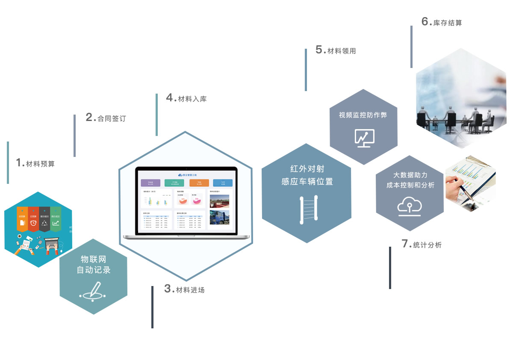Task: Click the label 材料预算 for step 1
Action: pyautogui.click(x=40, y=164)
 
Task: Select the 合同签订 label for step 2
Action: pyautogui.click(x=112, y=118)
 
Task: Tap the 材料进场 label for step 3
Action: pyautogui.click(x=190, y=290)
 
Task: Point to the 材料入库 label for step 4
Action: pyautogui.click(x=192, y=99)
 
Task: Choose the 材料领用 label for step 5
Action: pyautogui.click(x=342, y=51)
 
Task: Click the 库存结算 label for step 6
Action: pyautogui.click(x=448, y=23)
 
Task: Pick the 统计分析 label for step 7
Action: pyautogui.click(x=427, y=245)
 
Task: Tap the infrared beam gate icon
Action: pyautogui.click(x=309, y=209)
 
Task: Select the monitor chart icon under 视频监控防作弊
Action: pyautogui.click(x=364, y=138)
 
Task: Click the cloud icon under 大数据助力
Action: pyautogui.click(x=410, y=205)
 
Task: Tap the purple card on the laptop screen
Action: pyautogui.click(x=150, y=183)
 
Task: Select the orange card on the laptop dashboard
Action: pyautogui.click(x=199, y=183)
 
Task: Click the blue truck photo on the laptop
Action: pyautogui.click(x=219, y=217)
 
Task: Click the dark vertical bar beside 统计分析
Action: pyautogui.click(x=390, y=268)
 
